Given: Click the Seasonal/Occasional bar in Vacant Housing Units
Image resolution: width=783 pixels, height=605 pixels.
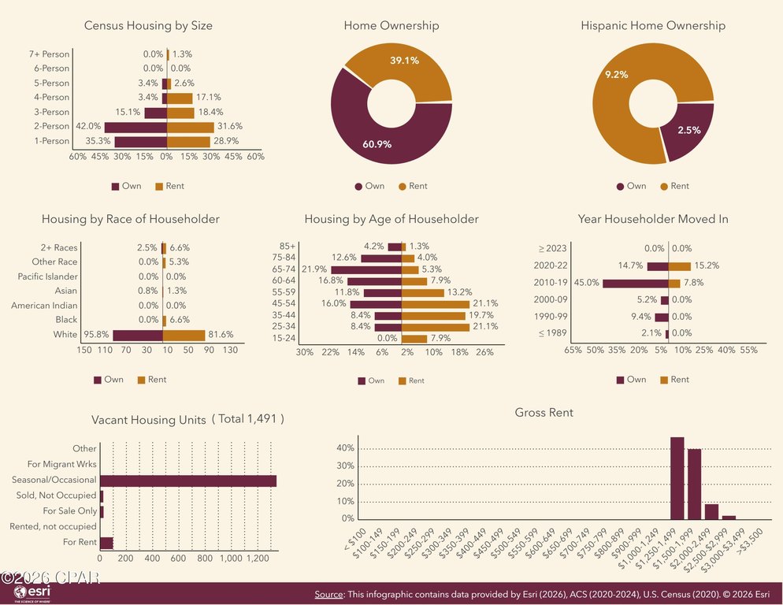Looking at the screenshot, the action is pos(188,481).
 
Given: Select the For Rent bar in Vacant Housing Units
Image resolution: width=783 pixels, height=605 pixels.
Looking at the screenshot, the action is pos(107,543).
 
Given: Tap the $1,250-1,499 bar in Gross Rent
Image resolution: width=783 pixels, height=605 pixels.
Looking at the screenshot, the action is pos(677,479).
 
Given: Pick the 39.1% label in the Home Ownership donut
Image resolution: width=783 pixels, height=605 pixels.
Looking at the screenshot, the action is pos(404,61).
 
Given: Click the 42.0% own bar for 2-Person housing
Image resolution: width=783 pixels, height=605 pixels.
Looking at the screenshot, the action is pos(135,127).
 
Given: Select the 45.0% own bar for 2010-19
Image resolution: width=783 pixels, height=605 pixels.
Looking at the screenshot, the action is pos(636,284).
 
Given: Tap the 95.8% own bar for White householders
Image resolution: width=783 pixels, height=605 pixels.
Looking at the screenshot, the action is pos(138,336).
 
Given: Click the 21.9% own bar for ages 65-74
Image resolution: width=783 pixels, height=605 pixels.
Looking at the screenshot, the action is pos(366,269).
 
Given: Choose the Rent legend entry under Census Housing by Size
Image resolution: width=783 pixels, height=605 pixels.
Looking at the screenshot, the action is pos(170,187).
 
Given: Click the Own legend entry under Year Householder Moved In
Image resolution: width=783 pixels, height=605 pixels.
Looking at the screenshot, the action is pos(631,380).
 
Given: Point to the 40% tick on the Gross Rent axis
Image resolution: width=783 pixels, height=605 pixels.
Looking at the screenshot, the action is pos(346,448).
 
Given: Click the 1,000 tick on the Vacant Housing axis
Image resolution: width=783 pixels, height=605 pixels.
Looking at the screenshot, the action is pos(231,559).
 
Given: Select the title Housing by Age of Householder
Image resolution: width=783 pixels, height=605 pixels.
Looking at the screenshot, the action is pos(391,219).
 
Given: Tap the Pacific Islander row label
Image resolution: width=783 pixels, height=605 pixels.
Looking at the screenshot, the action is pos(48,277).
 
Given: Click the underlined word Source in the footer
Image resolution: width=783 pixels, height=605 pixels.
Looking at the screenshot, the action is pos(328,595).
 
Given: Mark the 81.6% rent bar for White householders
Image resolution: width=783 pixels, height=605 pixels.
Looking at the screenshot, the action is pos(184,336).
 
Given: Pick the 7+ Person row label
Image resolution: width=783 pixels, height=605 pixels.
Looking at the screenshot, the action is pos(49,54).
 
